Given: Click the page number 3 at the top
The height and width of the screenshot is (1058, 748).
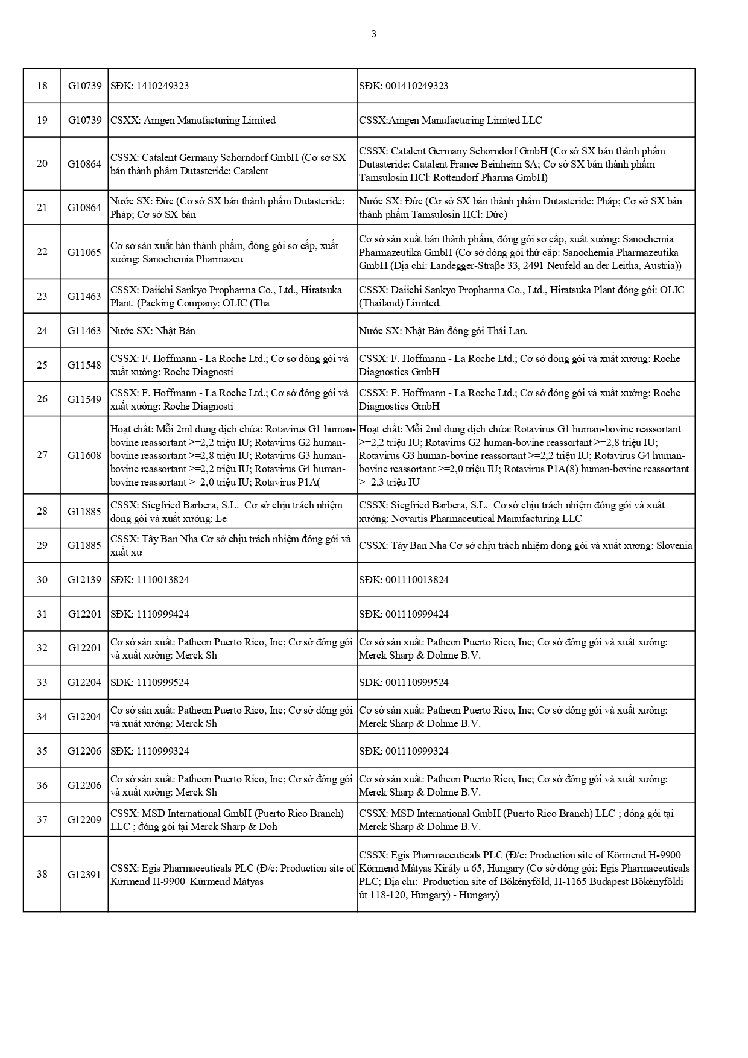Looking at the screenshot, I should (373, 34).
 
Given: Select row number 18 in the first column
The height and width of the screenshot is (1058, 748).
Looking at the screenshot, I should (42, 86).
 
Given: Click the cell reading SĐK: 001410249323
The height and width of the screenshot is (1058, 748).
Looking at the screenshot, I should (404, 86).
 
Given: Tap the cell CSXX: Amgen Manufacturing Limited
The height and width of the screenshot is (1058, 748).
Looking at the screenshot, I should (193, 120).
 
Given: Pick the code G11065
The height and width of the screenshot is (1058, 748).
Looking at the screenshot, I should (84, 252).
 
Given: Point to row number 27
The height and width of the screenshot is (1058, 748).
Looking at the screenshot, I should (42, 455).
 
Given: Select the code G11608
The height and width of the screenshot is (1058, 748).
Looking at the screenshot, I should (84, 455).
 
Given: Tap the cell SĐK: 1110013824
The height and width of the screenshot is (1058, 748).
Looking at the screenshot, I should (150, 580).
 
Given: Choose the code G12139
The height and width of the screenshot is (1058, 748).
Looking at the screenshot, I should (84, 580).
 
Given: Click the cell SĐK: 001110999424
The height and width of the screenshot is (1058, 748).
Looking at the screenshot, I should (404, 614).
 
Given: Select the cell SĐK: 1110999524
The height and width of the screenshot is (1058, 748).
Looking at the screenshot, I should (150, 682).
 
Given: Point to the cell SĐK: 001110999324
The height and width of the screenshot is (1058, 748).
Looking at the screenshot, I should (404, 751).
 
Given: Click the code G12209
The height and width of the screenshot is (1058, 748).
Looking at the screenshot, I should (84, 820).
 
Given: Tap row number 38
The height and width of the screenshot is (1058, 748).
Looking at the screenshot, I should (42, 874).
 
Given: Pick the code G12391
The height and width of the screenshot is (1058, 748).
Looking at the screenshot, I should (84, 875).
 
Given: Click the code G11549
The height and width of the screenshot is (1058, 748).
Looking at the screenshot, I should (84, 399).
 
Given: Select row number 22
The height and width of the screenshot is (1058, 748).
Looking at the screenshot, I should (42, 252).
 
